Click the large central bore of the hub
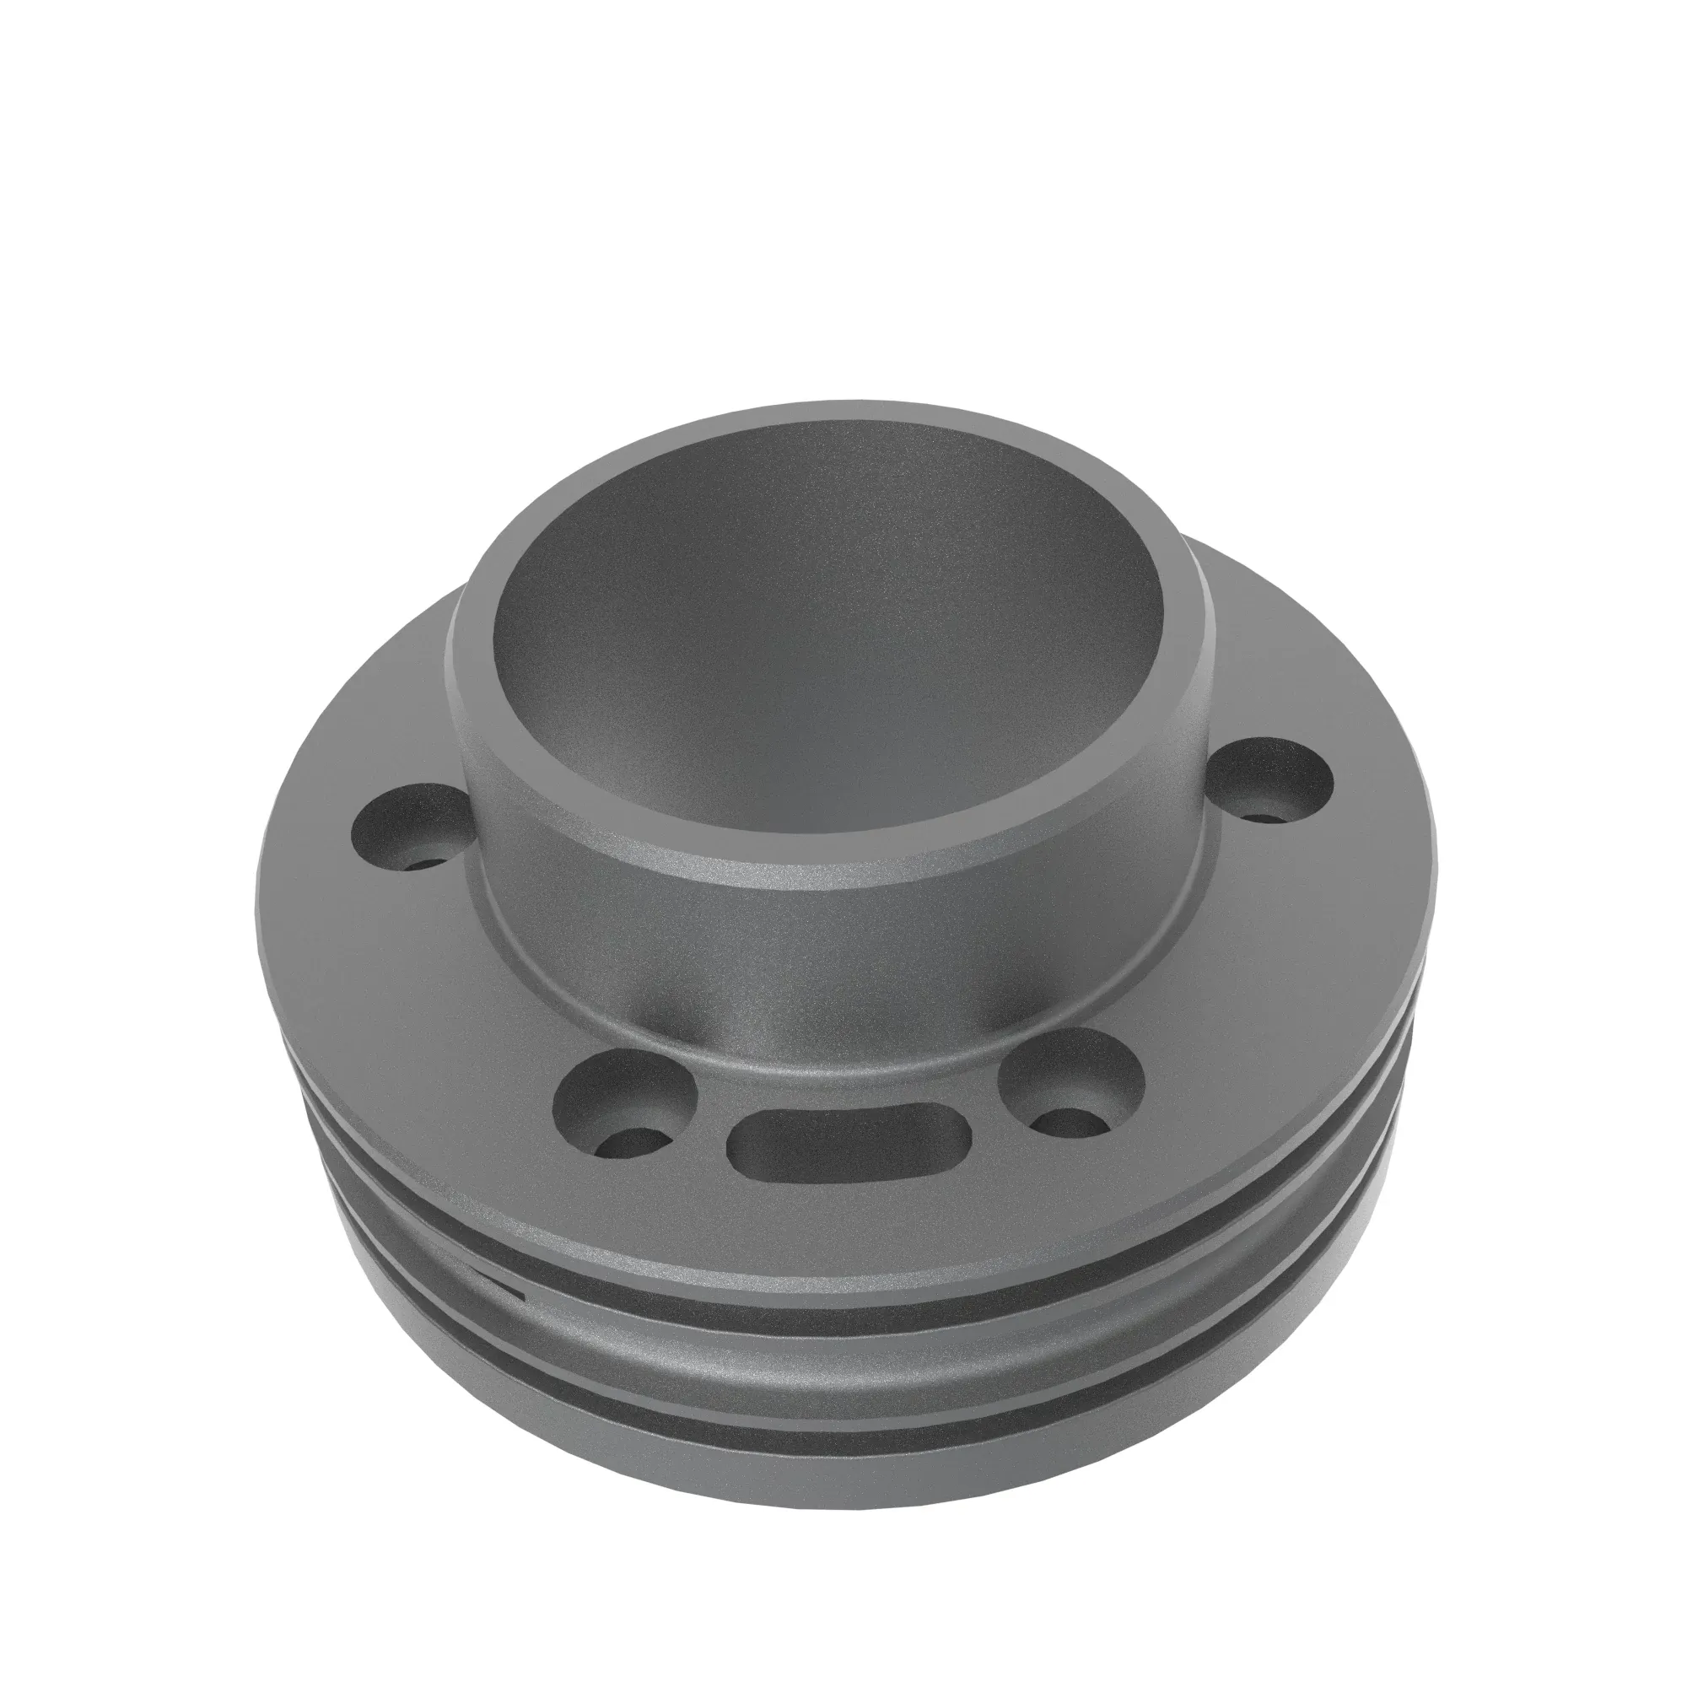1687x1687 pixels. pyautogui.click(x=829, y=664)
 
